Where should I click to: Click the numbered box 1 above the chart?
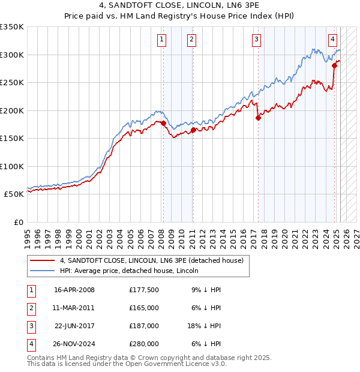coord(162,40)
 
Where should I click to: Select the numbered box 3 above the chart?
coord(256,40)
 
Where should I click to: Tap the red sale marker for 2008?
coord(163,124)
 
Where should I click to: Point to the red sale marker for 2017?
coord(258,118)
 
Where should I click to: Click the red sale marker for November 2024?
coord(334,66)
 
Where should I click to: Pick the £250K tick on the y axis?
coord(12,83)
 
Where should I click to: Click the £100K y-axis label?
coord(12,166)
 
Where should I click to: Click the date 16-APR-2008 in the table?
coord(74,290)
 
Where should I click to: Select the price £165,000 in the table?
coord(144,308)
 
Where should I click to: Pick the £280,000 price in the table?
coord(144,344)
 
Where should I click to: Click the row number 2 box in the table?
coord(31,308)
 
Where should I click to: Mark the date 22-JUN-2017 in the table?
coord(74,326)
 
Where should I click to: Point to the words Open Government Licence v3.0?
coord(178,364)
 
